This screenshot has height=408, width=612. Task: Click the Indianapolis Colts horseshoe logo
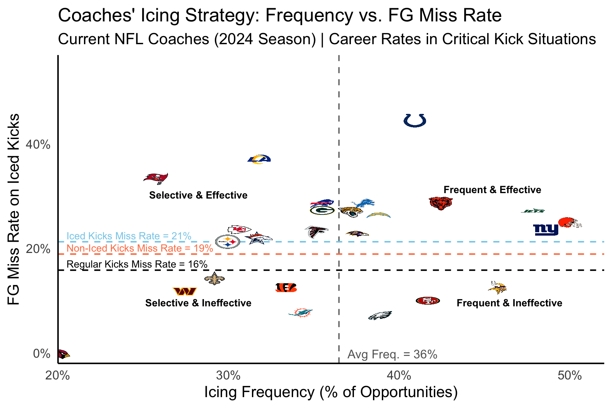coord(415,120)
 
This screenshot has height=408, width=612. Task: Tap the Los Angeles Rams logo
coord(259,159)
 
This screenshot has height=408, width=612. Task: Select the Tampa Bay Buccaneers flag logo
coord(156,178)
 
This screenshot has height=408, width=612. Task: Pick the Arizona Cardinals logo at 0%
coord(63,354)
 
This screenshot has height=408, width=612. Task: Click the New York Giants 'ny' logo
coord(545,230)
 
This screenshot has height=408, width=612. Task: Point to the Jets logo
coord(533,211)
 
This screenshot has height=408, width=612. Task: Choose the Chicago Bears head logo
coord(441,203)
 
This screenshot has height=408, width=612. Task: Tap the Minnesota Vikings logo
coord(497,288)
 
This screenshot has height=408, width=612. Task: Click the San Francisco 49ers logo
coord(428,301)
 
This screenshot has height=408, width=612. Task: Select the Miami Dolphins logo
coord(300,312)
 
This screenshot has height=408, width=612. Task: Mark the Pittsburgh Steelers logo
coord(227,242)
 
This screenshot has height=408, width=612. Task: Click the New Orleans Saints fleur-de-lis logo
coord(214,279)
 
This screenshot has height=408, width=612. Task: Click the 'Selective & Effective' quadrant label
coord(198,195)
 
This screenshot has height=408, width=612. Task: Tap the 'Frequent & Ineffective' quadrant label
coord(509,303)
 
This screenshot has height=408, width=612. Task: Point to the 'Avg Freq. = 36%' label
coord(392,354)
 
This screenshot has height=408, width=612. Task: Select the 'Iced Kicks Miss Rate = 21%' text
coord(129,236)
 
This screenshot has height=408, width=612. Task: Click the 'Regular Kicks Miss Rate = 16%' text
coord(137,264)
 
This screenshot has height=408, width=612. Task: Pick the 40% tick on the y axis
coord(38,145)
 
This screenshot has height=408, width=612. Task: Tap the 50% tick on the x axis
coord(569,376)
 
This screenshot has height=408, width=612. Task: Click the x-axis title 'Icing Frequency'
coord(330,392)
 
